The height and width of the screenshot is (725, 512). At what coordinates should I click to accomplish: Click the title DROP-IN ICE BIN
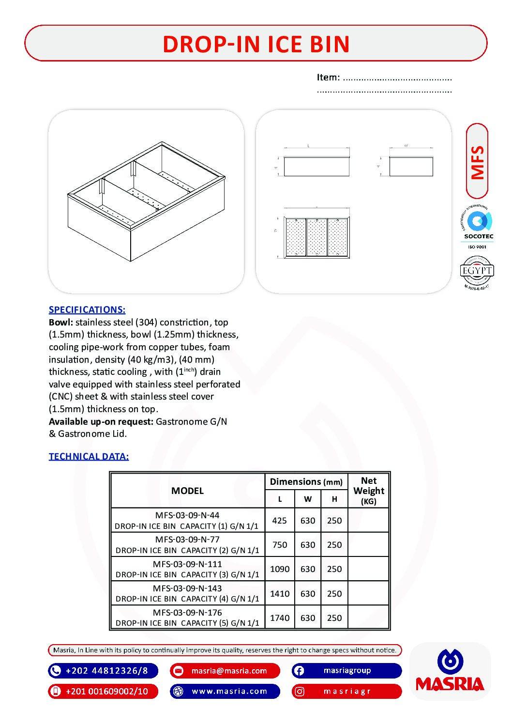tap(256, 44)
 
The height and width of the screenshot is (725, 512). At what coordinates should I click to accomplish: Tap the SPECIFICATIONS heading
tap(87, 310)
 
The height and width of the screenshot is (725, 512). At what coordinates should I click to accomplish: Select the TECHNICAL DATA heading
tap(89, 456)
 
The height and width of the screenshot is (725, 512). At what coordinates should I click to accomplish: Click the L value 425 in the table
tap(280, 521)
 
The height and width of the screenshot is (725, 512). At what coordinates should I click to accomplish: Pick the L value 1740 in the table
tap(280, 618)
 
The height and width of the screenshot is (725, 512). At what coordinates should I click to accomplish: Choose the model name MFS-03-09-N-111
tap(187, 564)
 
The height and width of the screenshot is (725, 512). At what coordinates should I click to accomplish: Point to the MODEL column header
tap(187, 491)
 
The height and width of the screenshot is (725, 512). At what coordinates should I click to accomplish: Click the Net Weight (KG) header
tap(369, 491)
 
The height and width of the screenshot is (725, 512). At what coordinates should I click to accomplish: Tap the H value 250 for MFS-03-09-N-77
tap(334, 545)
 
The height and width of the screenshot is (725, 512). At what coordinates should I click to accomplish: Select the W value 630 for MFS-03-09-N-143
tap(308, 594)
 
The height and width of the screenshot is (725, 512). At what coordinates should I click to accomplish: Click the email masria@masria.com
tap(229, 671)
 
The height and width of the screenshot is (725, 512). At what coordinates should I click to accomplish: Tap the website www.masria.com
tap(229, 691)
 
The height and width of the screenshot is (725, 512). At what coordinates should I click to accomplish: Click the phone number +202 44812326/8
tap(106, 671)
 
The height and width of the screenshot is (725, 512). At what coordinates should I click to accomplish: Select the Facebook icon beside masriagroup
tap(299, 671)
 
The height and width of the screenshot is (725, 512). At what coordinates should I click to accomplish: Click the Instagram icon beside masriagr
tap(300, 692)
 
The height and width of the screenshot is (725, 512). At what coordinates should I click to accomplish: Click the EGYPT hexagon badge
tap(477, 271)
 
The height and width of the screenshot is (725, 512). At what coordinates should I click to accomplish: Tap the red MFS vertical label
tap(477, 161)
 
